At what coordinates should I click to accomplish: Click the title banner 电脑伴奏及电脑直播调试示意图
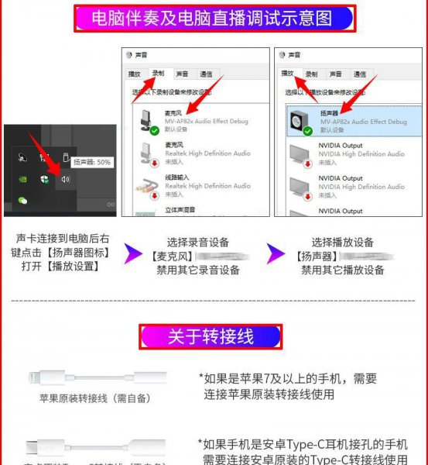pyautogui.click(x=214, y=19)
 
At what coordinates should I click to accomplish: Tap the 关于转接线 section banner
pyautogui.click(x=211, y=336)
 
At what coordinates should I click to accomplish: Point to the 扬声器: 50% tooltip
pyautogui.click(x=93, y=163)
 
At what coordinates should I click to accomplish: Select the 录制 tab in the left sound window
pyautogui.click(x=158, y=73)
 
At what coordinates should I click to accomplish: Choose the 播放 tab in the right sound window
pyautogui.click(x=288, y=73)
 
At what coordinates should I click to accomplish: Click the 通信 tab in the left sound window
pyautogui.click(x=206, y=74)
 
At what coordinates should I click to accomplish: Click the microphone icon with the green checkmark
pyautogui.click(x=145, y=122)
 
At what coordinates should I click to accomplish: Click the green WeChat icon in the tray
pyautogui.click(x=24, y=201)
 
